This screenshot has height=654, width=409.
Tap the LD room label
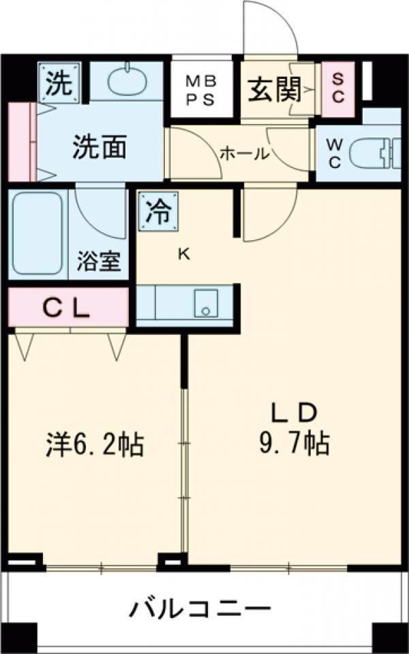coord(294,413)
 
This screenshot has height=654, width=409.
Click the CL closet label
coord(67,308)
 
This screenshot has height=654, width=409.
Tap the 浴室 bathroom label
coord(99,262)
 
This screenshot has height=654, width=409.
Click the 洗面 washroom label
coord(100,147)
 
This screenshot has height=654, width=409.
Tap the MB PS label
coord(201,89)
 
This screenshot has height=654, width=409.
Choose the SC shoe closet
coord(338,87)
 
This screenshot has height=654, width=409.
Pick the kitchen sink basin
coord(205,302)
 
